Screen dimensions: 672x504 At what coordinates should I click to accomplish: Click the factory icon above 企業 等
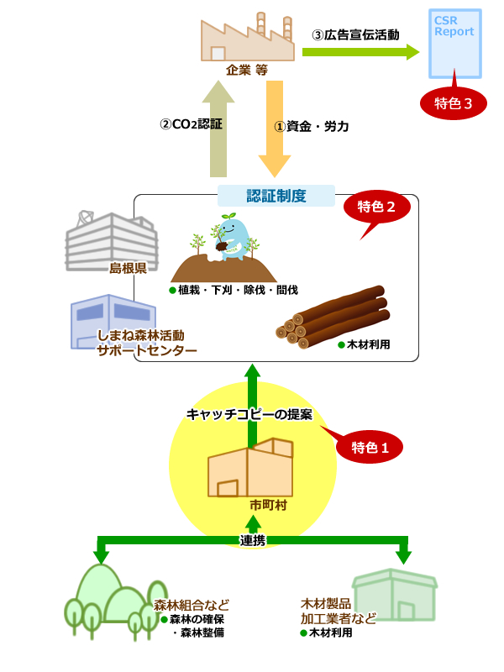click(x=247, y=38)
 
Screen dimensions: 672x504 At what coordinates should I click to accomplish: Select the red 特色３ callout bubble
click(x=454, y=103)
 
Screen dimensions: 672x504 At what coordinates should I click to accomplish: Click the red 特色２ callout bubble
click(x=376, y=207)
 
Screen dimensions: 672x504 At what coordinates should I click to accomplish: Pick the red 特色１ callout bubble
click(x=370, y=447)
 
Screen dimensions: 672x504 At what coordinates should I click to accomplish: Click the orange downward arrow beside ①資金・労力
click(x=274, y=126)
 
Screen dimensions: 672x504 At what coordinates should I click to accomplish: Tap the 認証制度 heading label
click(x=276, y=196)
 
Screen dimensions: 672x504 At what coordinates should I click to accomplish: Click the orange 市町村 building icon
click(x=249, y=468)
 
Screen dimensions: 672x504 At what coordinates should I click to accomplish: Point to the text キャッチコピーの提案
click(x=249, y=415)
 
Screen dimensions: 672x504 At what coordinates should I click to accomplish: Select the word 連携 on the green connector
click(x=253, y=540)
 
